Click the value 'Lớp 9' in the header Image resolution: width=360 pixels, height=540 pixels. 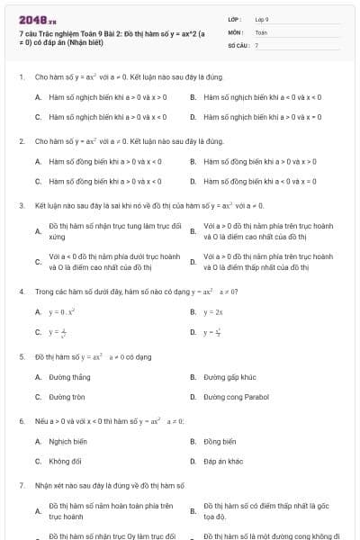(262, 19)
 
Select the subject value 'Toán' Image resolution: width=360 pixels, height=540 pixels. (261, 31)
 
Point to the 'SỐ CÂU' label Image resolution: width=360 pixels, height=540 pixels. (237, 44)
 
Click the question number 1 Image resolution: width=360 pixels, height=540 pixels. (21, 78)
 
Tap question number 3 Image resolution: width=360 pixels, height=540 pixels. (21, 206)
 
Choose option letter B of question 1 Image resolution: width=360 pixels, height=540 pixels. (193, 94)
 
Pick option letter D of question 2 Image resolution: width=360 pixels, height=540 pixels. (193, 180)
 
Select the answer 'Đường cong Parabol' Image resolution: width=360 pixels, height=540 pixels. (236, 396)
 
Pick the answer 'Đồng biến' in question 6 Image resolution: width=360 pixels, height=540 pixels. (220, 442)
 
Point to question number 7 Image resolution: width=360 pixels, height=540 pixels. (21, 485)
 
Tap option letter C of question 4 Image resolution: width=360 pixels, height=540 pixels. (38, 332)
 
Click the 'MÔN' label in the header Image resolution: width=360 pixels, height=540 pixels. (235, 31)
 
